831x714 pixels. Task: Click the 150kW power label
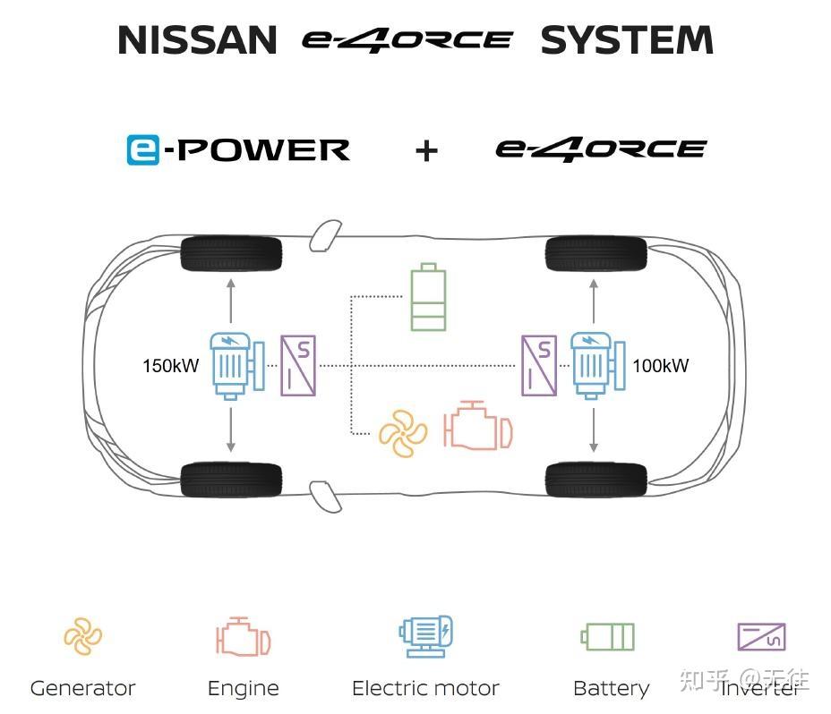pyautogui.click(x=170, y=366)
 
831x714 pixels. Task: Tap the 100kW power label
pyautogui.click(x=661, y=366)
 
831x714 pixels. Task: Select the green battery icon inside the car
pyautogui.click(x=427, y=298)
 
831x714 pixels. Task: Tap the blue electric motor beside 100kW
pyautogui.click(x=594, y=365)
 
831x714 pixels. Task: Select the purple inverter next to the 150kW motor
pyautogui.click(x=298, y=365)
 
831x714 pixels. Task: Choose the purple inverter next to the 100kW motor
pyautogui.click(x=539, y=365)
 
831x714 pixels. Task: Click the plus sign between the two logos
pyautogui.click(x=426, y=150)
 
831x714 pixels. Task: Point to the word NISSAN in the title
pyautogui.click(x=198, y=41)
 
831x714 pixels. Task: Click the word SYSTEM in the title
pyautogui.click(x=627, y=41)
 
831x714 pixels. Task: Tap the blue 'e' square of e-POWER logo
pyautogui.click(x=143, y=149)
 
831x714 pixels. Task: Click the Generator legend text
pyautogui.click(x=82, y=688)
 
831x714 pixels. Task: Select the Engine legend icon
pyautogui.click(x=243, y=639)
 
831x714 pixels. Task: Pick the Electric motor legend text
pyautogui.click(x=425, y=688)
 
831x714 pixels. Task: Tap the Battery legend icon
pyautogui.click(x=608, y=637)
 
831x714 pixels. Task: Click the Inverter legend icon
pyautogui.click(x=761, y=637)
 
